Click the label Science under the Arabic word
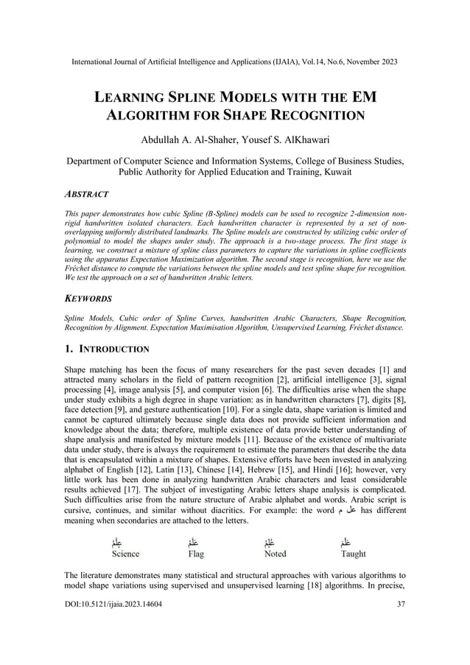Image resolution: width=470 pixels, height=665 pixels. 124,553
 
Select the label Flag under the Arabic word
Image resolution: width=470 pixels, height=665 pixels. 196,553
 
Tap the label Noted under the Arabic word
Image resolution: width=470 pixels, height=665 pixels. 275,553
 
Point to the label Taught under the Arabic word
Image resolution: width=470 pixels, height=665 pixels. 353,553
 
